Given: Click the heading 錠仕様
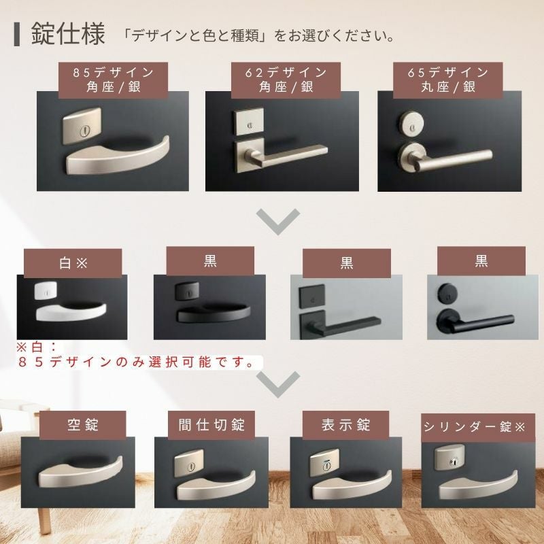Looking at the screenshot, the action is coord(68,34).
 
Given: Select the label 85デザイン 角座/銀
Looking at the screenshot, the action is coord(113,80).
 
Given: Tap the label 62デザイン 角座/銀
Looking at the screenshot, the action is coord(286,80).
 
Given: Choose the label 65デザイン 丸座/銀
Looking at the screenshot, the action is coord(448,80).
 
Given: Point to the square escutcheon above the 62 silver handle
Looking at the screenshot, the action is coord(248,122).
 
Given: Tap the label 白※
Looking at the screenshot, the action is coord(73,262).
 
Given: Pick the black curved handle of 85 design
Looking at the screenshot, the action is coord(213,313).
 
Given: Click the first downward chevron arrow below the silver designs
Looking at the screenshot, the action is coord(278,222).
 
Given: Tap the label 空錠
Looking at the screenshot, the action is coord(82,424).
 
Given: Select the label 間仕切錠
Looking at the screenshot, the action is coord(211,424).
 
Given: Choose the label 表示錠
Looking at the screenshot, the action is coord(346,424).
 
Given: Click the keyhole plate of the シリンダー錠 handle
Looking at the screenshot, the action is coord(451,458).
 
